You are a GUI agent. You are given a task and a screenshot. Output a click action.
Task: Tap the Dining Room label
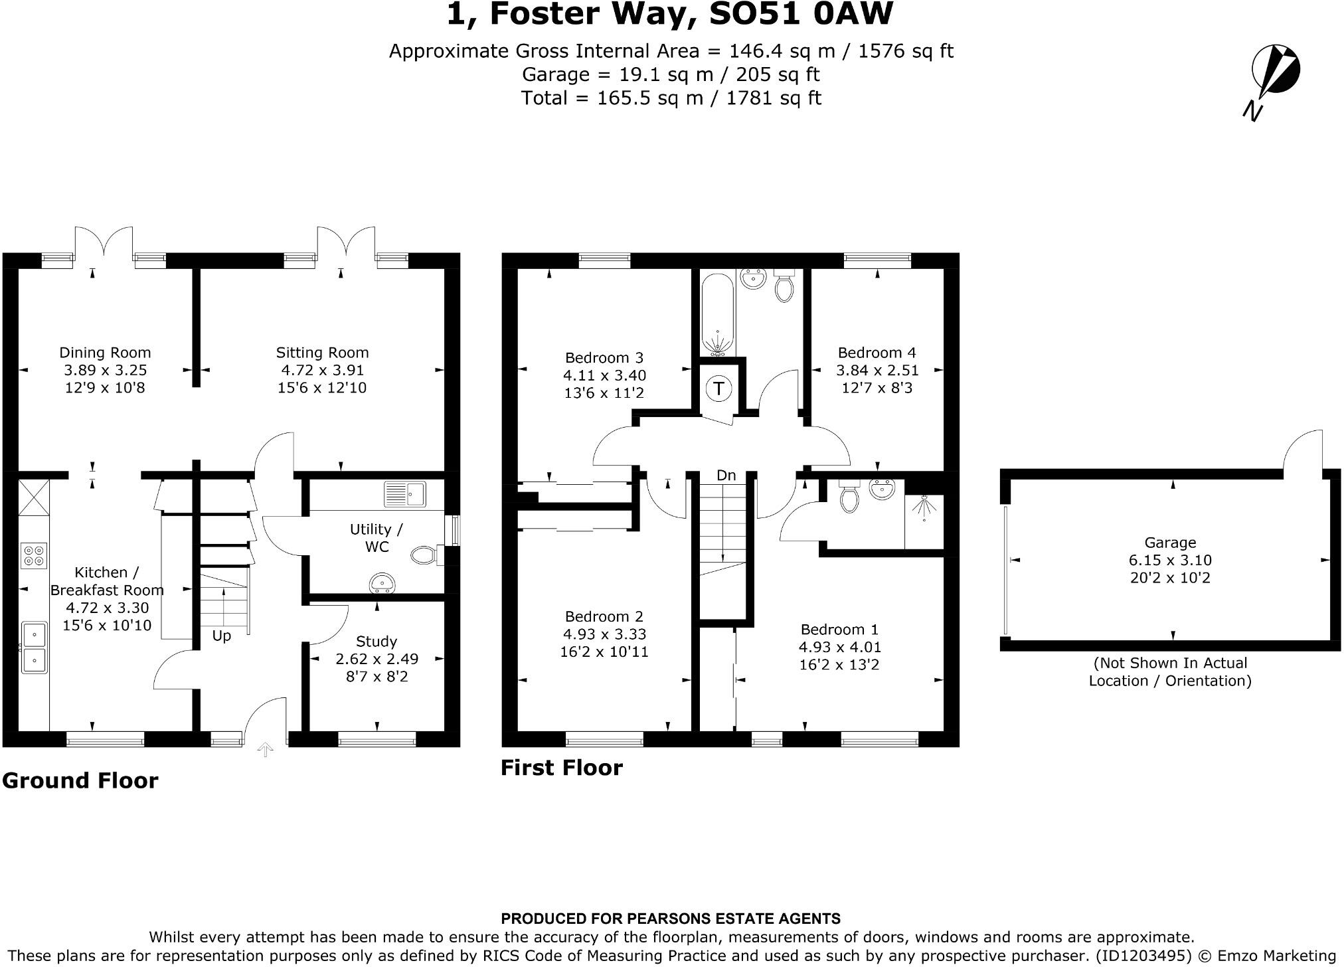click(105, 353)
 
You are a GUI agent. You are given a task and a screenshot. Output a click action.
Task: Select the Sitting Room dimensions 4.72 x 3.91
click(322, 370)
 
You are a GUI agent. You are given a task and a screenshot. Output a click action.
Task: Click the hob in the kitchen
click(34, 555)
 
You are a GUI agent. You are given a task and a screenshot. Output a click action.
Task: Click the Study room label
click(377, 642)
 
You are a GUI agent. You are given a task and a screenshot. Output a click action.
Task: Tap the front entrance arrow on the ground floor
click(265, 750)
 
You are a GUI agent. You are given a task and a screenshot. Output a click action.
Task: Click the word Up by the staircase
click(221, 636)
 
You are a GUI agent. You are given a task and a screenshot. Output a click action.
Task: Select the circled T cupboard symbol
click(718, 388)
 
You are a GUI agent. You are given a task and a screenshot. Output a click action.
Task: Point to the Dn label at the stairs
click(726, 476)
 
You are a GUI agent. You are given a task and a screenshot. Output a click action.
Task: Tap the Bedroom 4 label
click(877, 353)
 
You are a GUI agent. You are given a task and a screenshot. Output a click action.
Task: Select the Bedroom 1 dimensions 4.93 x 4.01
click(839, 647)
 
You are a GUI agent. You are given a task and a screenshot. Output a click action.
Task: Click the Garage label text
click(1170, 543)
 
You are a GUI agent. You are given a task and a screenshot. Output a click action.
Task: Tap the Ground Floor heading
click(80, 780)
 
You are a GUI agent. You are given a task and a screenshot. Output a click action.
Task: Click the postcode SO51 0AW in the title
click(801, 15)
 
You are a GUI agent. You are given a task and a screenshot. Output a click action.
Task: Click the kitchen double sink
click(33, 648)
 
